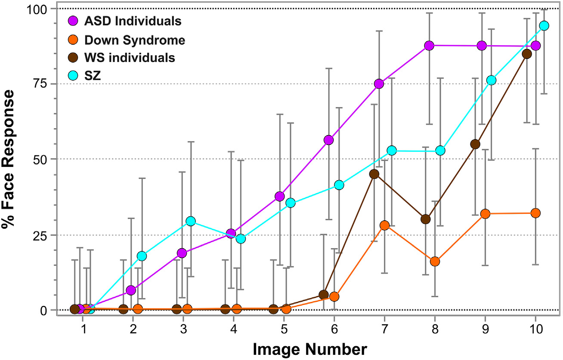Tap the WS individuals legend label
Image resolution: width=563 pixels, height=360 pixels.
pyautogui.click(x=130, y=58)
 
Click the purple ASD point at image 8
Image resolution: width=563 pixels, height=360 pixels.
pyautogui.click(x=429, y=46)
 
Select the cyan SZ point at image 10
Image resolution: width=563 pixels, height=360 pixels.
pyautogui.click(x=544, y=26)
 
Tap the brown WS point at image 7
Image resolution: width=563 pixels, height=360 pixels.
pyautogui.click(x=374, y=174)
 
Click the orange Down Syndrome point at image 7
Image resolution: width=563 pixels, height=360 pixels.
pyautogui.click(x=385, y=225)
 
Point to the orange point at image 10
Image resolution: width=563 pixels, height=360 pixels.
pyautogui.click(x=535, y=213)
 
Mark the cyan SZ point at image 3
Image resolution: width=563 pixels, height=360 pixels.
pyautogui.click(x=191, y=221)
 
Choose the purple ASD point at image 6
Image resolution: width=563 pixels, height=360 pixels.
pyautogui.click(x=329, y=140)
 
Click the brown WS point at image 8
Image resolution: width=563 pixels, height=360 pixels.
pyautogui.click(x=426, y=219)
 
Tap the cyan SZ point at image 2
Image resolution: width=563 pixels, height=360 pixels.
pyautogui.click(x=142, y=256)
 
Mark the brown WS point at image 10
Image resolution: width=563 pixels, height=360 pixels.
pyautogui.click(x=526, y=54)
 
